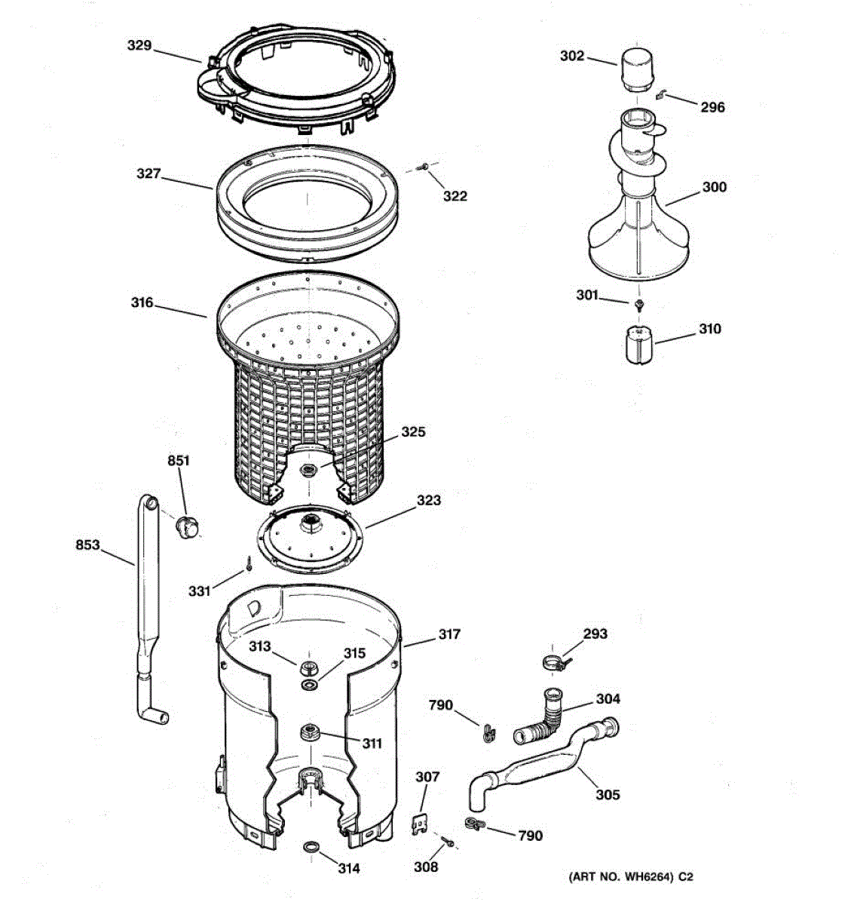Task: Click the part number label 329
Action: pyautogui.click(x=139, y=46)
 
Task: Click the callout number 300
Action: pyautogui.click(x=714, y=187)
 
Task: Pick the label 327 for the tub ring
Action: pyautogui.click(x=148, y=174)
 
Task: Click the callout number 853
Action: pyautogui.click(x=87, y=545)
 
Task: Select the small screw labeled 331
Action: pyautogui.click(x=247, y=562)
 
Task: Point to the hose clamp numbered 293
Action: pyautogui.click(x=556, y=663)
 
